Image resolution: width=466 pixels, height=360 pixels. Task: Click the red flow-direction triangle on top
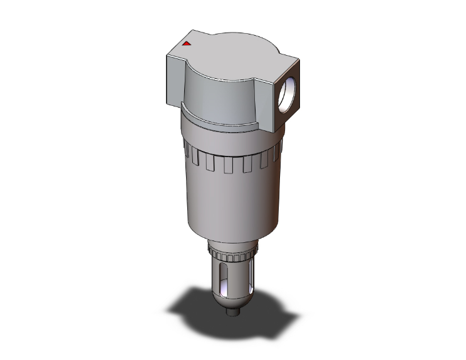tap(186, 44)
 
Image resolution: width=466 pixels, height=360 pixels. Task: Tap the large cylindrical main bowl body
tap(232, 200)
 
